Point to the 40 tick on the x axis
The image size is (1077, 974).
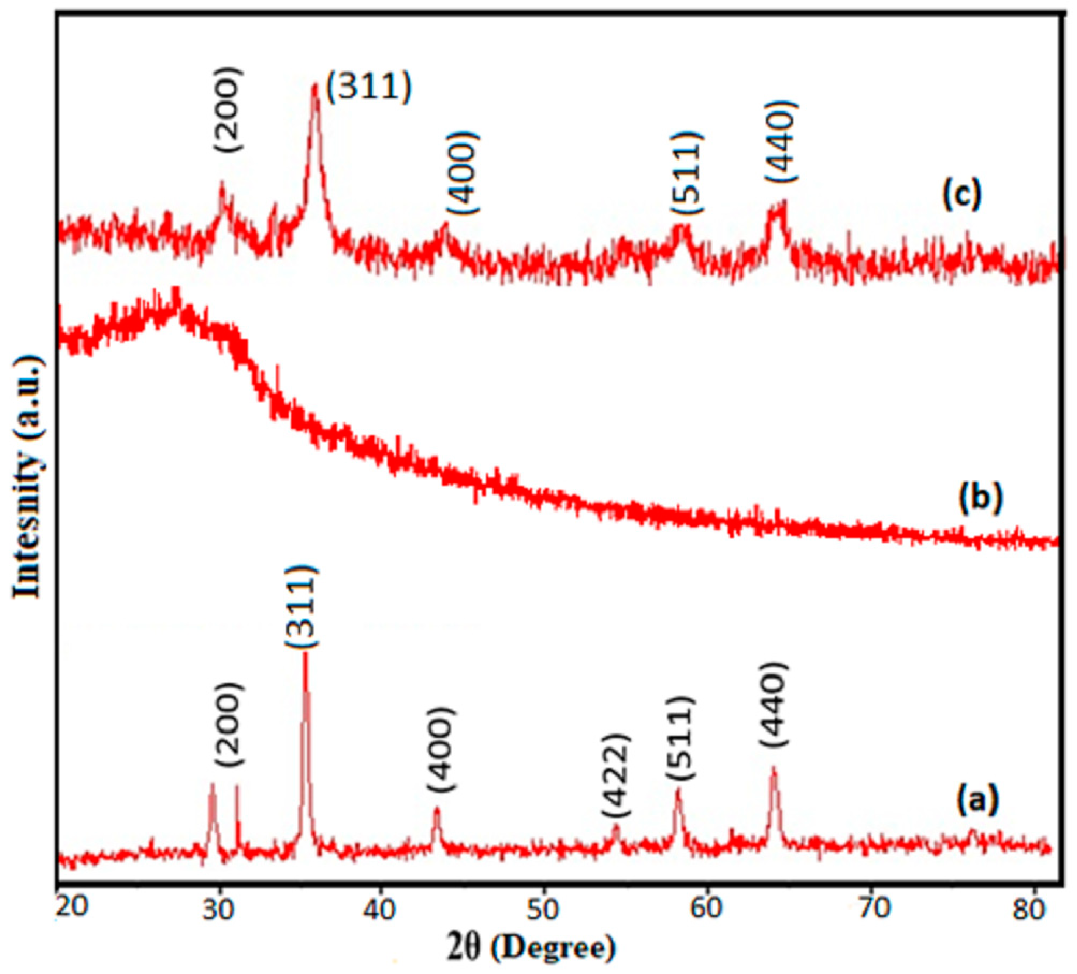tap(381, 910)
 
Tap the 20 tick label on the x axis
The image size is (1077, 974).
tap(72, 910)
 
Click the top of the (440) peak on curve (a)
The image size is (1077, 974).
tap(772, 768)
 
